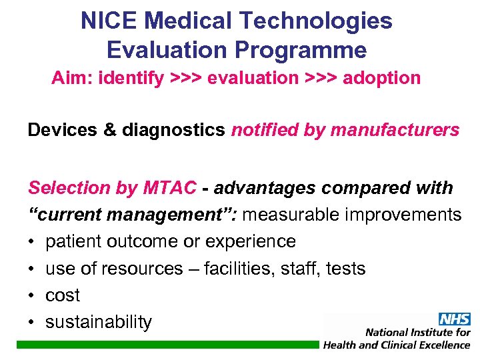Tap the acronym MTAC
click(x=169, y=188)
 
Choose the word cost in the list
click(x=62, y=295)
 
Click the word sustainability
click(x=99, y=322)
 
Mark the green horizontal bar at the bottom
click(x=167, y=344)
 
